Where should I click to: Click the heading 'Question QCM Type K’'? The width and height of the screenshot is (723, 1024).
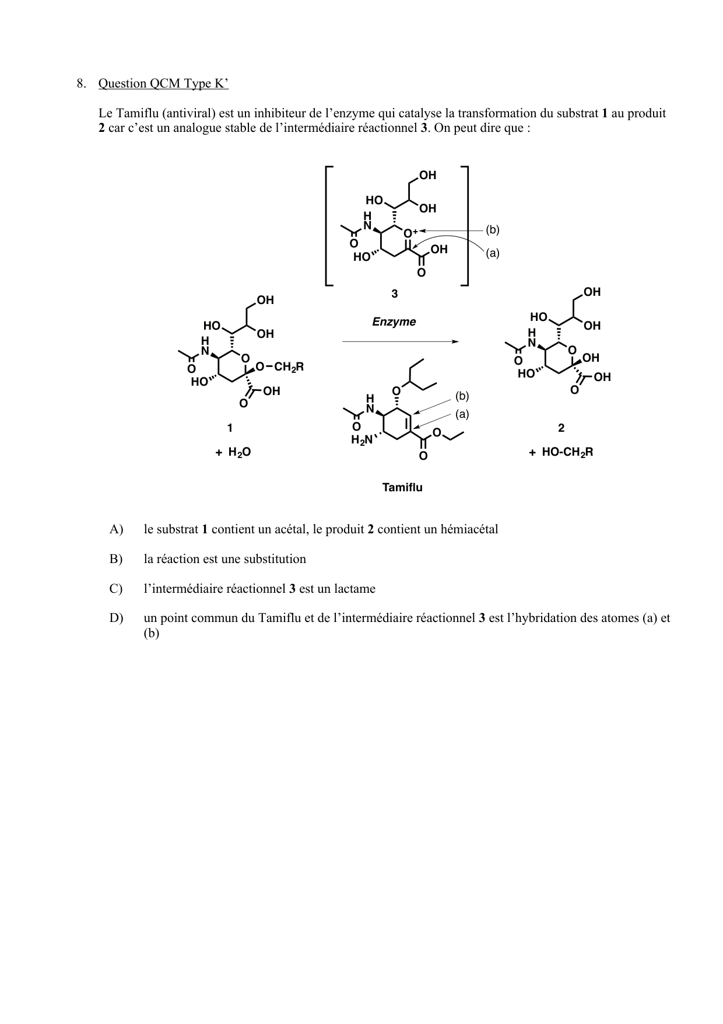[x=163, y=84]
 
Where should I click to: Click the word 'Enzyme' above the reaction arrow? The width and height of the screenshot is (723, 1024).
[x=394, y=322]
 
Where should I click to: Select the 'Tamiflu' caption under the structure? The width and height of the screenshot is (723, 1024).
[x=402, y=487]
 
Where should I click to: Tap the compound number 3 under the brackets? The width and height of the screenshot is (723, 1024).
[x=395, y=294]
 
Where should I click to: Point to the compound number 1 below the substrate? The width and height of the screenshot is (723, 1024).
[x=230, y=428]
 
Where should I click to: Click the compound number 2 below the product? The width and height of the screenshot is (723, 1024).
[x=561, y=428]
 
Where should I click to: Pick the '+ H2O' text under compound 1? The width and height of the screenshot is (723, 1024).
[x=233, y=452]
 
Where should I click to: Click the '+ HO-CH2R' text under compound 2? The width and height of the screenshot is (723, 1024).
[x=561, y=452]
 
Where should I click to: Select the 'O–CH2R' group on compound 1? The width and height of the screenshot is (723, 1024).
[x=280, y=367]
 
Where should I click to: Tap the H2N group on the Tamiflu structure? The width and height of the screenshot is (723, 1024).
[x=361, y=441]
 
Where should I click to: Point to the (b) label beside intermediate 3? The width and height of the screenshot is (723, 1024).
[x=493, y=230]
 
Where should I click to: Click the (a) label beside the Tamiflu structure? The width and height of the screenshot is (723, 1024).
[x=462, y=414]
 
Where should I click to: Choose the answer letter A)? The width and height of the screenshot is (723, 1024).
[x=116, y=530]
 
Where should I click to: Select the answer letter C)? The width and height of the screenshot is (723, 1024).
[x=116, y=589]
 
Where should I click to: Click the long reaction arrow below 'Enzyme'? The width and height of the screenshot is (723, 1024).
[x=401, y=342]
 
